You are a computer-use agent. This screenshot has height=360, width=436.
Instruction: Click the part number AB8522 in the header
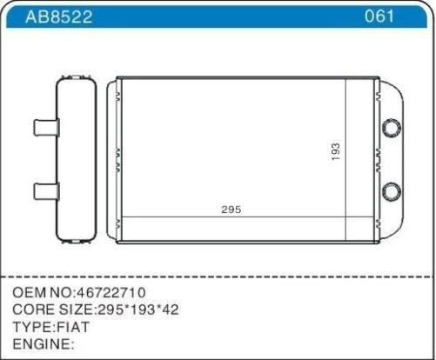pyautogui.click(x=59, y=17)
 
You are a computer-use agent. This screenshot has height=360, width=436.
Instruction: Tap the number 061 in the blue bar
pyautogui.click(x=379, y=16)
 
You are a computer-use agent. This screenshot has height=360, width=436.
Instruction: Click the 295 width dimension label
pyautogui.click(x=231, y=210)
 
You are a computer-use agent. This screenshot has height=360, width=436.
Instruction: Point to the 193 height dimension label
pyautogui.click(x=335, y=151)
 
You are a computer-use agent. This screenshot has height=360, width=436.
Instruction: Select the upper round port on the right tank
pyautogui.click(x=392, y=128)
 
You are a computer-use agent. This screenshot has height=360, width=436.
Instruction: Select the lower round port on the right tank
pyautogui.click(x=392, y=191)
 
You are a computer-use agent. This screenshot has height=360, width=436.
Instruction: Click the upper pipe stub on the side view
pyautogui.click(x=47, y=127)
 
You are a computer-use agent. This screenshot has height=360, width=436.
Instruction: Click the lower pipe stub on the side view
pyautogui.click(x=47, y=191)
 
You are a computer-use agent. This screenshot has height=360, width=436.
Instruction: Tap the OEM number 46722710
pyautogui.click(x=111, y=292)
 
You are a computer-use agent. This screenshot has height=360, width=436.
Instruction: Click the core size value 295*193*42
pyautogui.click(x=138, y=310)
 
